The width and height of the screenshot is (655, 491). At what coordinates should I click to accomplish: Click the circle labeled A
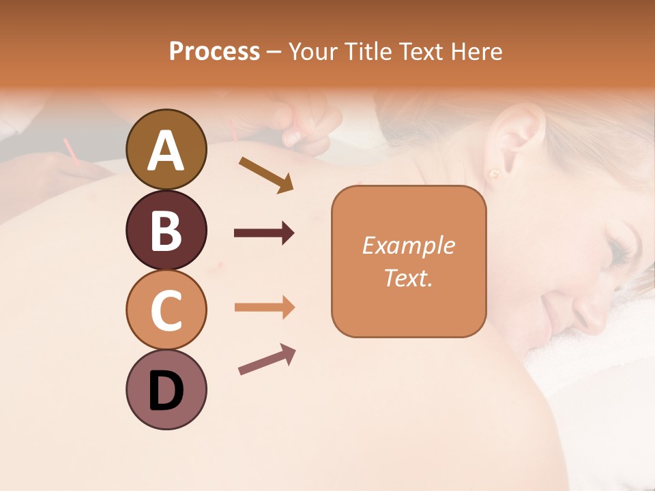point(166,149)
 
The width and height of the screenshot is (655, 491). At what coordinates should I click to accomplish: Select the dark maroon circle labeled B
point(166,230)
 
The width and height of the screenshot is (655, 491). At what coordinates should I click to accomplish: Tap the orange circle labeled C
point(166,310)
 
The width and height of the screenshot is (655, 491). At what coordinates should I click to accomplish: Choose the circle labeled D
point(166,389)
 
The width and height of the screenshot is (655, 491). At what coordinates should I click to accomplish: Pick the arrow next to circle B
point(264,233)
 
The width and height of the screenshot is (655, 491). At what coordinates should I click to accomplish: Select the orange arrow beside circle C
point(264,308)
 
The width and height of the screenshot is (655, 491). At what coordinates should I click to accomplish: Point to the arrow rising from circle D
point(267,359)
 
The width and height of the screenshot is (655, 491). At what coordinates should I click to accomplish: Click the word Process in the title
point(214,51)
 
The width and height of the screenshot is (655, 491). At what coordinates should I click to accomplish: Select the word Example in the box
point(408,245)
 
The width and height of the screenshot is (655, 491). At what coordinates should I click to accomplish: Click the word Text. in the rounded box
point(408,278)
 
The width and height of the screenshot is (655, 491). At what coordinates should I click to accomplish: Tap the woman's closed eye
point(617,252)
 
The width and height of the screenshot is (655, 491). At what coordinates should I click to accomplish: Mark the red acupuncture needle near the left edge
point(70,152)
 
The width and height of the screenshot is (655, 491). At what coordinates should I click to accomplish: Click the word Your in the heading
point(311,51)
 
